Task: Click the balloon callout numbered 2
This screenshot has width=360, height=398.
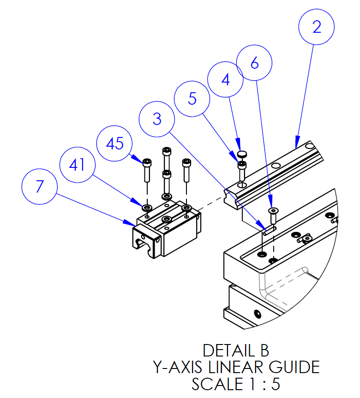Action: tap(316, 27)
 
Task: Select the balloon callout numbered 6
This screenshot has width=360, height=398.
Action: tap(254, 64)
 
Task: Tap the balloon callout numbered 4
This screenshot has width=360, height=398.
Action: tap(225, 80)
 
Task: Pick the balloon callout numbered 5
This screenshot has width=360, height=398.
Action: tap(192, 98)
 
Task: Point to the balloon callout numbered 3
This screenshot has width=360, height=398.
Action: tap(157, 119)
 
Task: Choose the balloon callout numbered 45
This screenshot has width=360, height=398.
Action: tap(114, 143)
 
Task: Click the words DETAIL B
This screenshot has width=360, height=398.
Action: tap(235, 350)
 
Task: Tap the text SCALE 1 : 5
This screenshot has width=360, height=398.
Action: tap(235, 384)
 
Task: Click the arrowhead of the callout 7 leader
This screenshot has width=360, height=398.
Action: tap(132, 225)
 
